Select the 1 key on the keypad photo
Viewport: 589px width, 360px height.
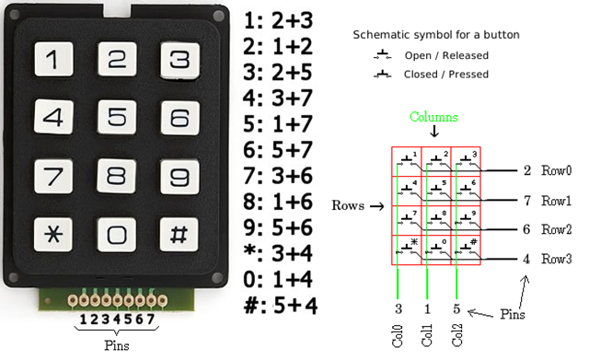coord(52,61)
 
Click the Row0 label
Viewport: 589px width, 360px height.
coord(556,171)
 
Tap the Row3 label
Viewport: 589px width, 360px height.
coord(556,259)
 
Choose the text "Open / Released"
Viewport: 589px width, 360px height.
coord(446,55)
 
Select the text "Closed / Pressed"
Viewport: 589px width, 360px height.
coord(445,74)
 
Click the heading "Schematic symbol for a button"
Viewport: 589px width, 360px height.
coord(435,35)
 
